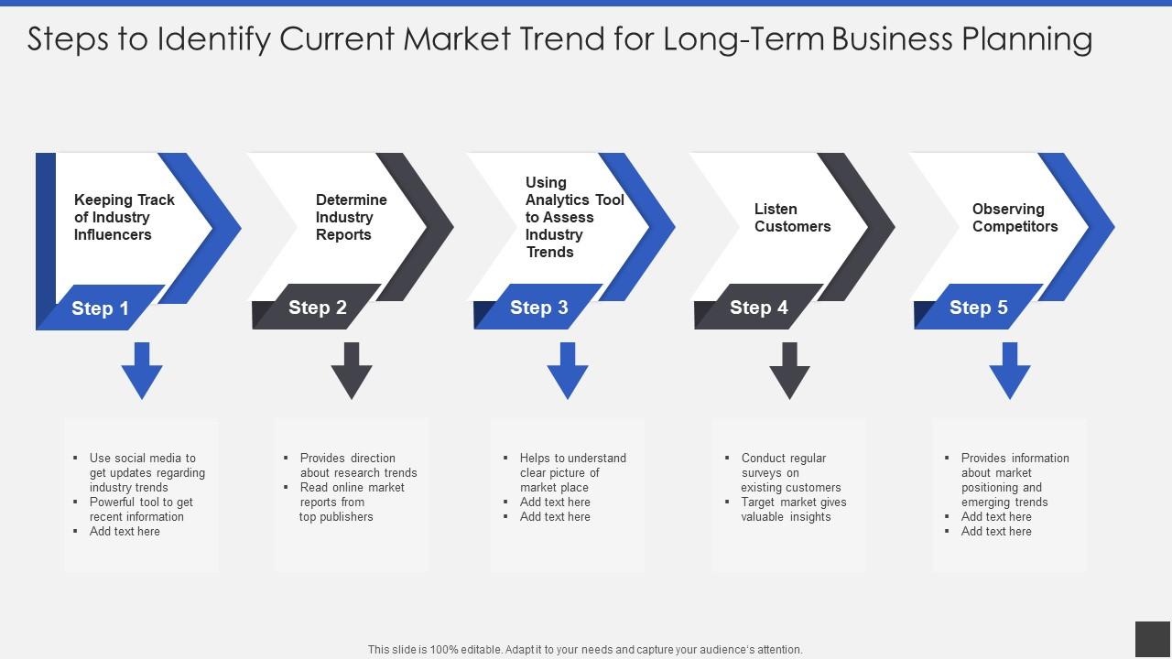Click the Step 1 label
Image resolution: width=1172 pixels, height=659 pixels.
100,308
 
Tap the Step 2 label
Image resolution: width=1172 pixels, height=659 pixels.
318,308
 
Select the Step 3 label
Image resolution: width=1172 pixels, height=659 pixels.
539,308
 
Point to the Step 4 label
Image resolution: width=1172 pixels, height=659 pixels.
759,308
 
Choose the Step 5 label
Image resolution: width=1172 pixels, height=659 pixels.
979,308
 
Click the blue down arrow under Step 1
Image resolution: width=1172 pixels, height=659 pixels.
142,371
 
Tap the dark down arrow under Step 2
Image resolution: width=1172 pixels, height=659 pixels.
352,371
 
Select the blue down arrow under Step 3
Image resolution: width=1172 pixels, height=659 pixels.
568,371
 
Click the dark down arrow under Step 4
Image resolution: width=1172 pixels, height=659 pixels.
789,371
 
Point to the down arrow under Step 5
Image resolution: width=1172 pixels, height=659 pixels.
1010,371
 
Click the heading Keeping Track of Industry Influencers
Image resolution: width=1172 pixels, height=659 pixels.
124,217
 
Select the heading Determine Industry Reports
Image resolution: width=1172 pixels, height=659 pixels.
351,217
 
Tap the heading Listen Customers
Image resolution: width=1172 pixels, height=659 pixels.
792,218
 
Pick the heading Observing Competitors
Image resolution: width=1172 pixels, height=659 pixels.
1015,218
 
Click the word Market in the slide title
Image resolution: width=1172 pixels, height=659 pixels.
457,38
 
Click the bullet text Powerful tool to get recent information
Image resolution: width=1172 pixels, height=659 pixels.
141,510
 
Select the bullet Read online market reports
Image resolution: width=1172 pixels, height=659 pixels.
352,502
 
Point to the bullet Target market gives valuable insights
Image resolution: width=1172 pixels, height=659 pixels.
793,510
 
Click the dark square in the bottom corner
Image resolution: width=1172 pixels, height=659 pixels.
1152,640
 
